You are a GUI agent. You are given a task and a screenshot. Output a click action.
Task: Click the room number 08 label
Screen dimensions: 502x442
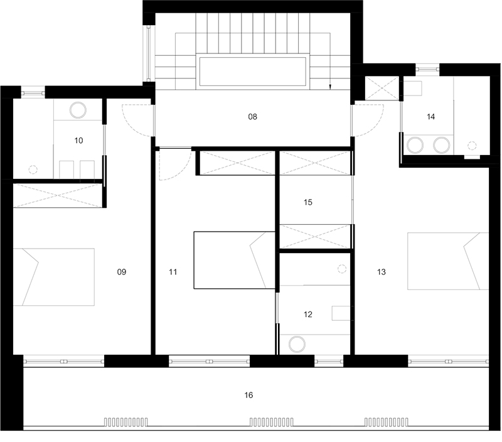(x=253, y=117)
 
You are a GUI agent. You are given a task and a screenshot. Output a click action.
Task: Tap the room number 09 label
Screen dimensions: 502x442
(x=122, y=272)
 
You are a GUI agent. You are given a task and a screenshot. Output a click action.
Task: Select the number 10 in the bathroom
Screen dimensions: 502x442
(x=79, y=140)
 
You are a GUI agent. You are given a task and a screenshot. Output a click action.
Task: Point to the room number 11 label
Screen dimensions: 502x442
(x=173, y=272)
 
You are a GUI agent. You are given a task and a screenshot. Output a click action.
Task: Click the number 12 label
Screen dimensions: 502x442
(x=308, y=314)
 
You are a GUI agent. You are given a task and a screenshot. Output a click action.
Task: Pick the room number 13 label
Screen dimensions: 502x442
(x=382, y=272)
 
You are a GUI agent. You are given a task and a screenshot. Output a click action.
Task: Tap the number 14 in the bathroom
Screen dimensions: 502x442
(x=431, y=117)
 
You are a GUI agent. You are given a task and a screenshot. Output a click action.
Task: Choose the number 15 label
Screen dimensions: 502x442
(x=308, y=202)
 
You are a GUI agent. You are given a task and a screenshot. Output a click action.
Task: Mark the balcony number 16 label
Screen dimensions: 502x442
(x=248, y=395)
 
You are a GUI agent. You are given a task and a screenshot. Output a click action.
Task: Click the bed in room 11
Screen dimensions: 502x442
(x=234, y=260)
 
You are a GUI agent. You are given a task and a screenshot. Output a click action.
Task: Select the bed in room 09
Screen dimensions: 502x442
(x=54, y=277)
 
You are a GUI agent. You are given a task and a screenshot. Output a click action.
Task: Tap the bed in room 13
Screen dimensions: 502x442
(x=448, y=261)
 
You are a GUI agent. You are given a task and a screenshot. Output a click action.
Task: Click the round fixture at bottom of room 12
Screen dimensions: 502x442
(x=297, y=344)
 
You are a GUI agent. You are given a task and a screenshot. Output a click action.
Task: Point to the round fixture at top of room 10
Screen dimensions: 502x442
(x=78, y=110)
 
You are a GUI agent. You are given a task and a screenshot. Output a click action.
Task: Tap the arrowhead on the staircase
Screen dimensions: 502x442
(x=330, y=87)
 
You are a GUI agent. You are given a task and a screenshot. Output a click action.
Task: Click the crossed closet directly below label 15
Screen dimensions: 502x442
(x=315, y=236)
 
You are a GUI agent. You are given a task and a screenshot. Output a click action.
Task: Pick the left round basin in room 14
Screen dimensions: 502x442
(x=415, y=145)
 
